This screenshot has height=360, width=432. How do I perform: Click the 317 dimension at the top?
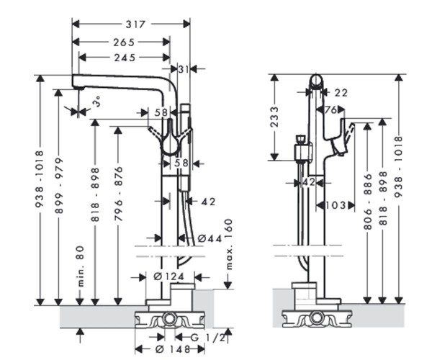pyautogui.click(x=131, y=24)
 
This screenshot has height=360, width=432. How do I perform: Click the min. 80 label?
pyautogui.click(x=81, y=266)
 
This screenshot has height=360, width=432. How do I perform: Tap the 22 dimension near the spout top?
pyautogui.click(x=341, y=92)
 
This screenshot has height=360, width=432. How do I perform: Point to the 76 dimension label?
pyautogui.click(x=331, y=109)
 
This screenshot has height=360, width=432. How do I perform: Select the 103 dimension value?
pyautogui.click(x=335, y=205)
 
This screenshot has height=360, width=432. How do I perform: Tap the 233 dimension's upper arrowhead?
pyautogui.click(x=274, y=76)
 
